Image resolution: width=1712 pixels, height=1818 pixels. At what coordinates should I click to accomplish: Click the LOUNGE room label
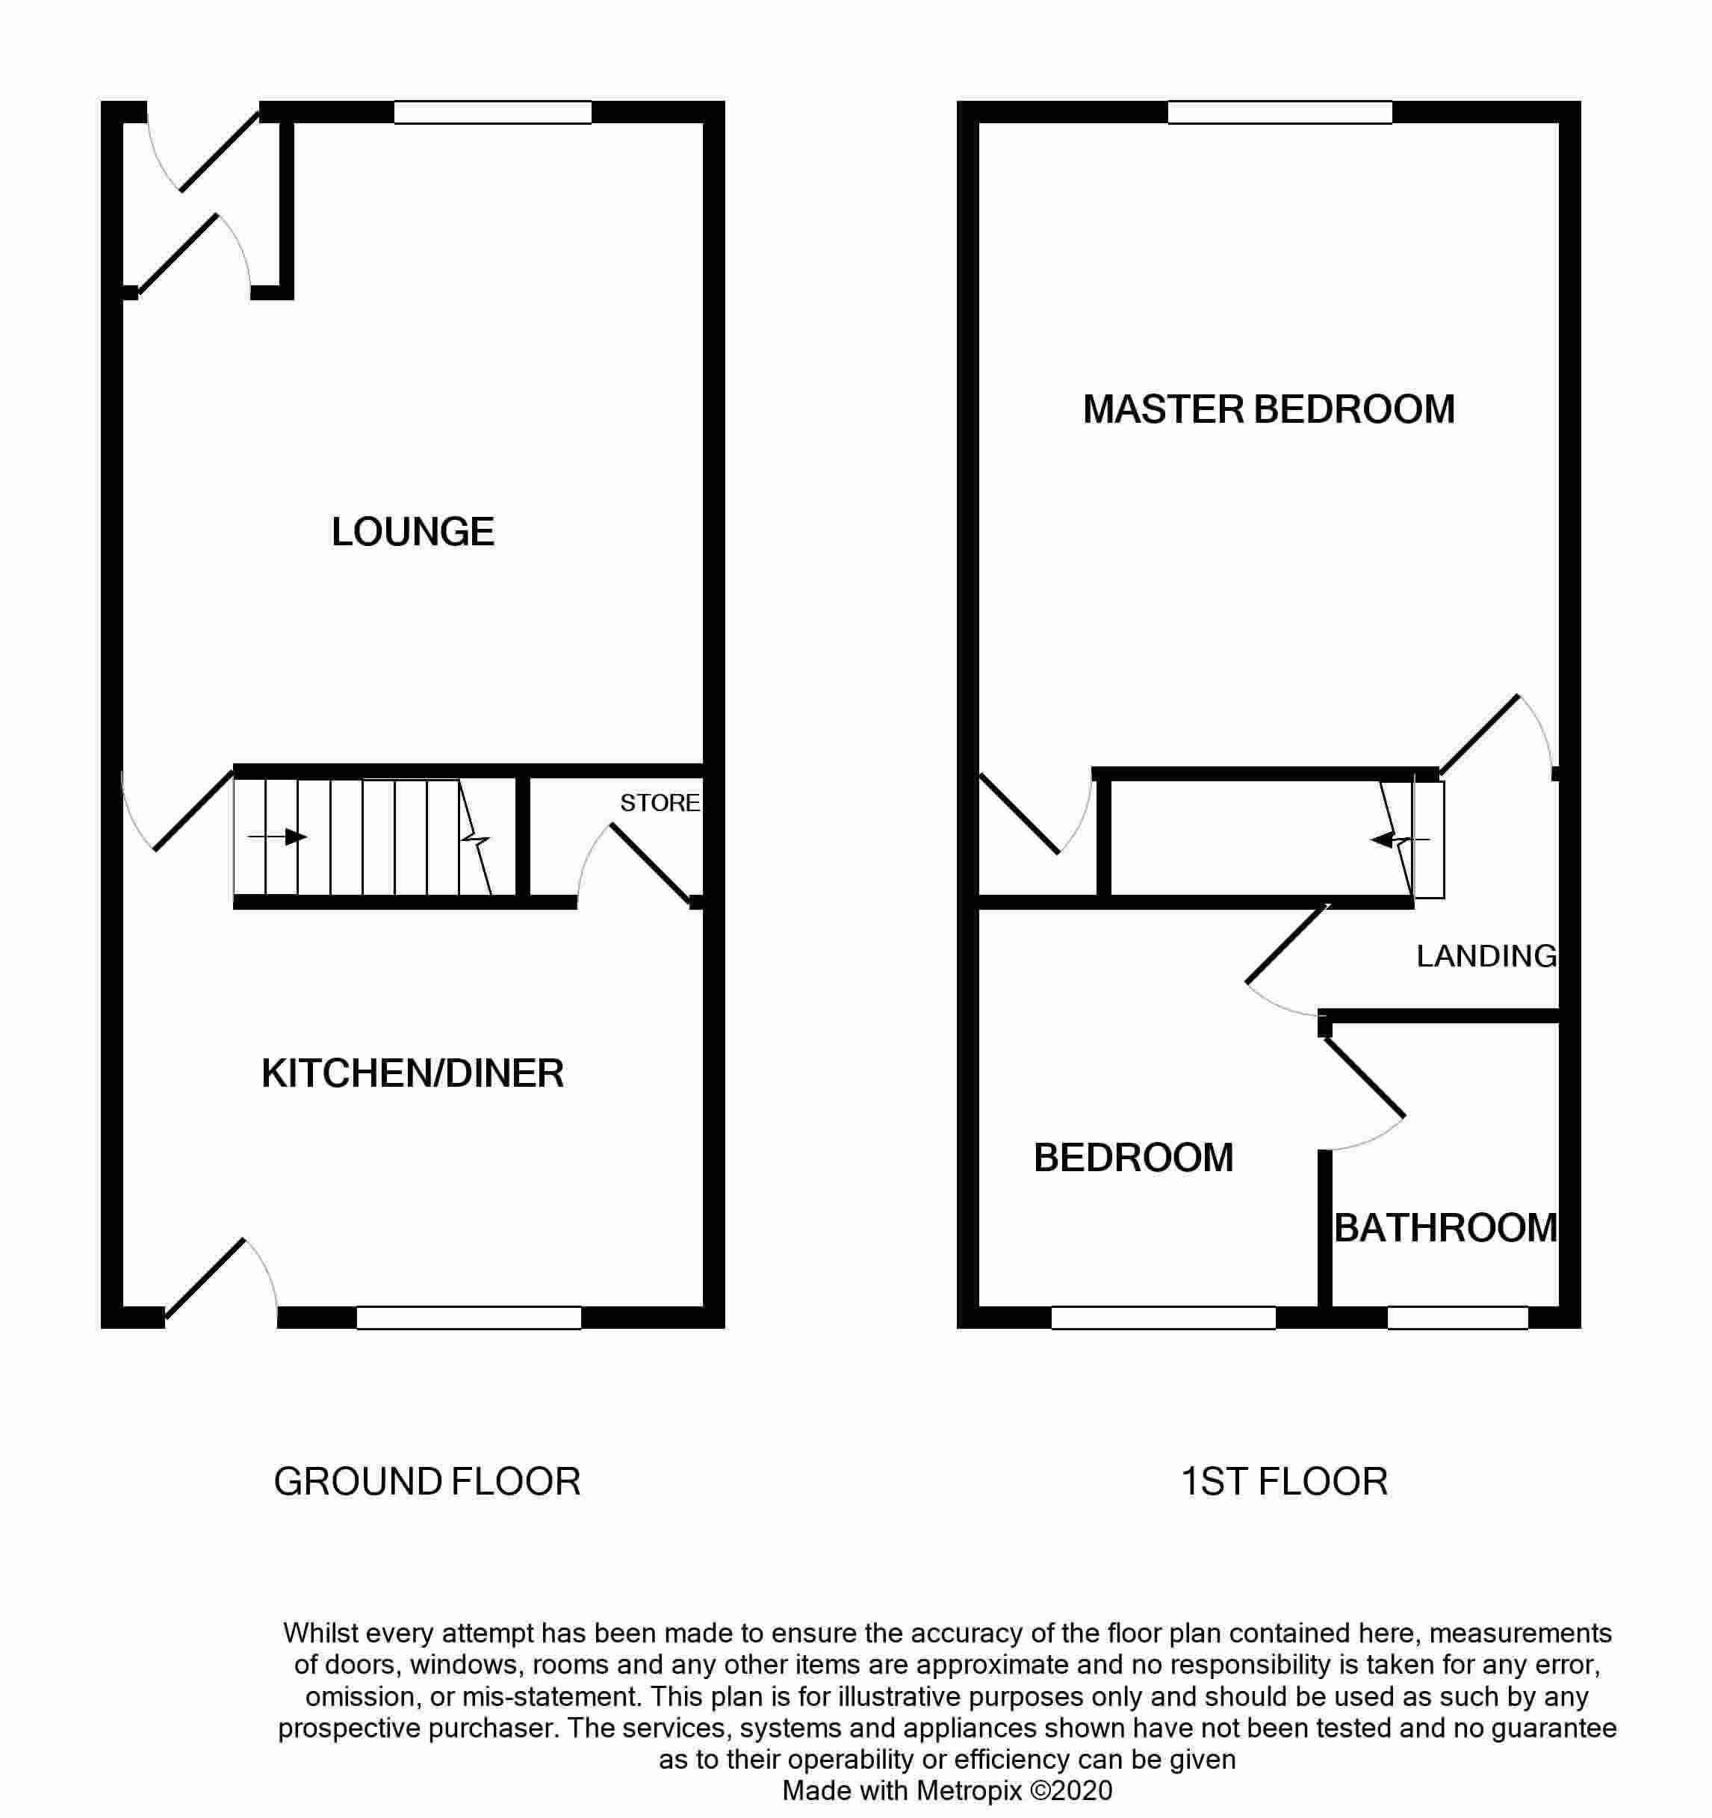click(412, 531)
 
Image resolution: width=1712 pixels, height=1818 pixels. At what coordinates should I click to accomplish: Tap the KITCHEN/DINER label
click(412, 1073)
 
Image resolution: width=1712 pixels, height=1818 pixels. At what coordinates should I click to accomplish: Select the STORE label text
click(660, 803)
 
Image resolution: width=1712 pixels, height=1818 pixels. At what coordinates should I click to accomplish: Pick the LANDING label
click(1486, 955)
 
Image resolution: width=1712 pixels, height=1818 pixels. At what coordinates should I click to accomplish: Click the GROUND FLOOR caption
click(427, 1481)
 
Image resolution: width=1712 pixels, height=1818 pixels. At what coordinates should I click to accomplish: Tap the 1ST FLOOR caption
click(1284, 1481)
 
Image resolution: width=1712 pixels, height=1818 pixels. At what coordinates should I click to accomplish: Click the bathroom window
click(1458, 1318)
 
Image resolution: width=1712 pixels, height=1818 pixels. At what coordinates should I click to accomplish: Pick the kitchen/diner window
click(469, 1318)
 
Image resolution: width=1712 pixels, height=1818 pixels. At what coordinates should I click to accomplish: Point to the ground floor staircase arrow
click(276, 837)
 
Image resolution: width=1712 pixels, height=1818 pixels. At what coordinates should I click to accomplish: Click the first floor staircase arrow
click(1399, 840)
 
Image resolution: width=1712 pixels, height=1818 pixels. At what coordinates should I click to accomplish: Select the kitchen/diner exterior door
click(205, 1279)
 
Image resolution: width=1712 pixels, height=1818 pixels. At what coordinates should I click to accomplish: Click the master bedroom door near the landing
click(1480, 734)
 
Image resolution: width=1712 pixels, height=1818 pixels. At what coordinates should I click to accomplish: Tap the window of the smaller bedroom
click(1163, 1318)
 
